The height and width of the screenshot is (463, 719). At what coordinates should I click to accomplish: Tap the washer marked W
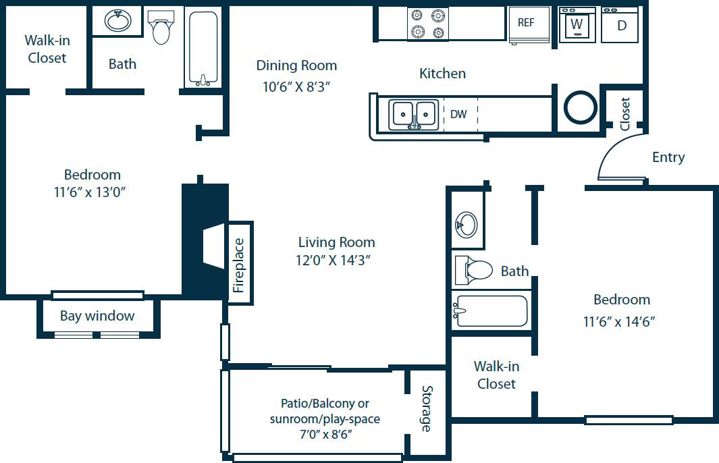pos(577,25)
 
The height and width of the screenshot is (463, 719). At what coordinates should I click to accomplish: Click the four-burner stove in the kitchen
pos(427,24)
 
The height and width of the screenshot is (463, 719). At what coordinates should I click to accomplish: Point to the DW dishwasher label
pos(458,114)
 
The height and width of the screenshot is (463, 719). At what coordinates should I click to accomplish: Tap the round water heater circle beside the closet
pos(580,108)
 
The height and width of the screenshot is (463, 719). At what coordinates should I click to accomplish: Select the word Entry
pos(668,157)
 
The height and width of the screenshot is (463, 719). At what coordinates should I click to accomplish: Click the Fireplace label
pos(239,265)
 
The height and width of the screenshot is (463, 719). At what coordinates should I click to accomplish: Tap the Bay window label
pos(97,316)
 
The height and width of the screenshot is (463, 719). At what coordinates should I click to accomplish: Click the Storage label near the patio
pos(427,409)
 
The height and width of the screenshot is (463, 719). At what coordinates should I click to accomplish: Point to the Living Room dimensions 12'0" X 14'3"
pos(336,259)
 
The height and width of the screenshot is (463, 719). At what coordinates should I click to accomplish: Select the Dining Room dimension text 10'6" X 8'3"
pos(296,86)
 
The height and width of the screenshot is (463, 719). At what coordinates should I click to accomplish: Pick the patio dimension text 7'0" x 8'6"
pos(325,435)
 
